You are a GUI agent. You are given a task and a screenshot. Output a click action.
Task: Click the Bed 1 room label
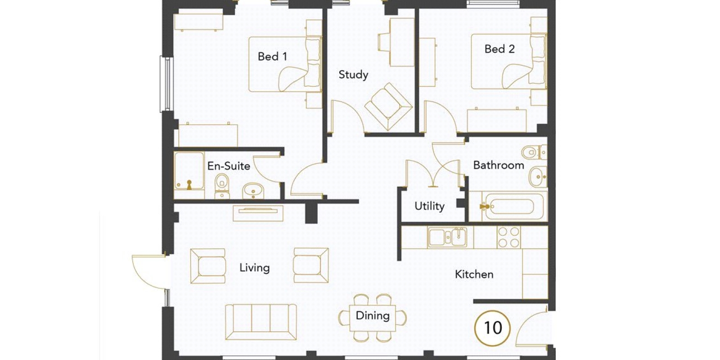[x=272, y=57]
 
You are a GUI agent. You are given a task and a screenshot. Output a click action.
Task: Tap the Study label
[x=353, y=75]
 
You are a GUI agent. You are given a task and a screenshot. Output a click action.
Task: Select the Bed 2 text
[x=499, y=49]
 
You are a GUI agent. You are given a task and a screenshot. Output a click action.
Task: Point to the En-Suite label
[x=229, y=166]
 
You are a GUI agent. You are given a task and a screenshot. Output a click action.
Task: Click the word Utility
[x=429, y=206]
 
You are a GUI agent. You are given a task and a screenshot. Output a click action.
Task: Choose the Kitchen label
[x=474, y=274]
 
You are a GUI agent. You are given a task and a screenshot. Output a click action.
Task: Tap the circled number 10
[x=492, y=328]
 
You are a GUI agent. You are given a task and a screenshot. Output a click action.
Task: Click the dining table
[x=373, y=318]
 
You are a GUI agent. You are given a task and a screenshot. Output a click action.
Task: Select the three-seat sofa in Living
[x=261, y=322]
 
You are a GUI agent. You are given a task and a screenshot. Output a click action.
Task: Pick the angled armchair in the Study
[x=388, y=107]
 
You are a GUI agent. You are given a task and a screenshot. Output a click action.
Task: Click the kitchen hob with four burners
[x=508, y=237]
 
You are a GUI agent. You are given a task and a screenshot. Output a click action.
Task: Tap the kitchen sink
[x=447, y=237]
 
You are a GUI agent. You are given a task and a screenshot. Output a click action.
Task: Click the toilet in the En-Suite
[x=222, y=186]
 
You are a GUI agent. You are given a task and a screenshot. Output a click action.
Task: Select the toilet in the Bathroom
[x=534, y=152]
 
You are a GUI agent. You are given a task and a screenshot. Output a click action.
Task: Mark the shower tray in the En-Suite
[x=189, y=171]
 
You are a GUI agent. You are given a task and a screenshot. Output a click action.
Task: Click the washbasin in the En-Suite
[x=253, y=191]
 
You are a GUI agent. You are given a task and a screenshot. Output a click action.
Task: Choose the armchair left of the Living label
[x=207, y=266]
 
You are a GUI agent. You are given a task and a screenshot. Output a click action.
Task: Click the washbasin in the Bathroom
[x=538, y=177]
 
